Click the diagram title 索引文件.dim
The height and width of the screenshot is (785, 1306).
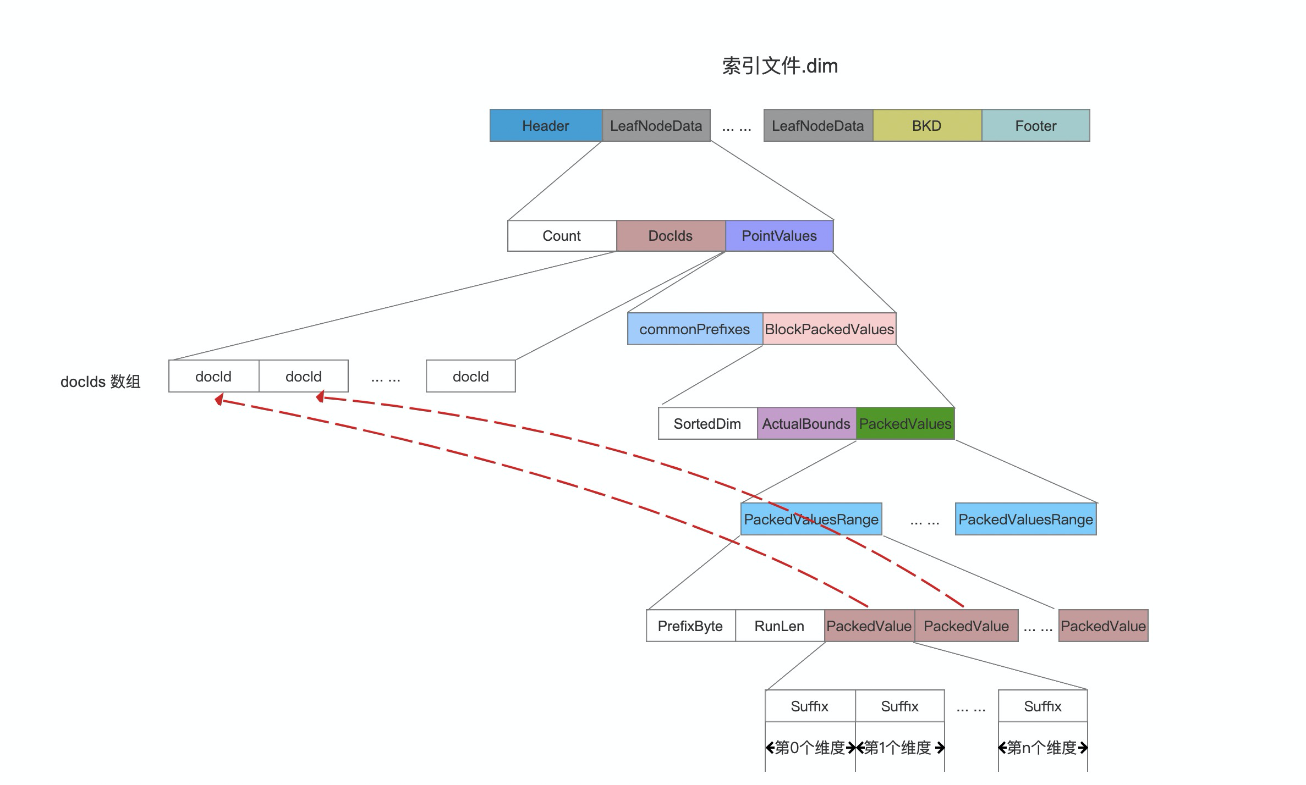pos(780,66)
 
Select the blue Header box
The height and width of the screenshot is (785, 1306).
pos(546,126)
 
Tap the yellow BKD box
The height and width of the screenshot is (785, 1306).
pos(927,126)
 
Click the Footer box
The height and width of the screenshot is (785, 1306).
pos(1035,126)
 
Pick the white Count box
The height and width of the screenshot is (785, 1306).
pos(561,236)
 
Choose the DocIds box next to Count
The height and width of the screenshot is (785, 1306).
pos(670,236)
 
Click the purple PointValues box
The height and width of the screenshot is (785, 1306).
pos(779,236)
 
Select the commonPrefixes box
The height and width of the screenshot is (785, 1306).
pos(694,329)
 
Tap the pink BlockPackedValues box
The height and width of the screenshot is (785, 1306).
pos(829,329)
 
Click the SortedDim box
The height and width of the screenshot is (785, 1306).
pos(707,424)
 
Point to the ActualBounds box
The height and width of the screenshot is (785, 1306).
pos(806,424)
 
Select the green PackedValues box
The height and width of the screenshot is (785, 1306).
pos(905,424)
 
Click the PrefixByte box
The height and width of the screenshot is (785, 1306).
pos(690,626)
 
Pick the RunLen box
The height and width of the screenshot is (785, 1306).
pos(779,626)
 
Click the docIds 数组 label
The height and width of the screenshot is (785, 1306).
pos(100,382)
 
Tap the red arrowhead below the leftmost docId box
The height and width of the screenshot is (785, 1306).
pos(220,400)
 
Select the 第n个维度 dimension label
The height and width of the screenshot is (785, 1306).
pos(1042,748)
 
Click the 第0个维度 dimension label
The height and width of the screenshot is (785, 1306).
pos(810,748)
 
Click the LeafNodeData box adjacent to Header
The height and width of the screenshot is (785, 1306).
pos(656,126)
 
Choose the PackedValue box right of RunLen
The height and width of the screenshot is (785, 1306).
pos(869,626)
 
